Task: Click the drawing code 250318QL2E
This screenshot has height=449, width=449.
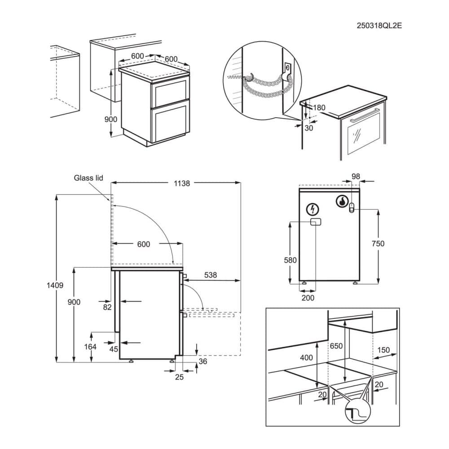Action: [379, 26]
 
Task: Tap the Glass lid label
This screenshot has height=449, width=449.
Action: [88, 178]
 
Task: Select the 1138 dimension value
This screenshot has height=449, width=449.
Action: [181, 183]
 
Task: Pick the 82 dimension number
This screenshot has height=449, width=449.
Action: [107, 307]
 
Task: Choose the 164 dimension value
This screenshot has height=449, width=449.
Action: [91, 346]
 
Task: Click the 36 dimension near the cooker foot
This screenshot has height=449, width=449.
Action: [203, 361]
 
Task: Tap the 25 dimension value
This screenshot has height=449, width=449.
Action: [179, 377]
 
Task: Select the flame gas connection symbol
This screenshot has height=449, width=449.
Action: [343, 201]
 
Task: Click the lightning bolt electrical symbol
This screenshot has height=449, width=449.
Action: [313, 209]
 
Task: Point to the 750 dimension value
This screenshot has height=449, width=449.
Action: [379, 243]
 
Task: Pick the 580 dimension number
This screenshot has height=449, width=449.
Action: [290, 260]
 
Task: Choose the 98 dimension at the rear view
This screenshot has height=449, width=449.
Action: [356, 177]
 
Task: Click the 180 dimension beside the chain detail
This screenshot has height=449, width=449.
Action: [319, 108]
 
